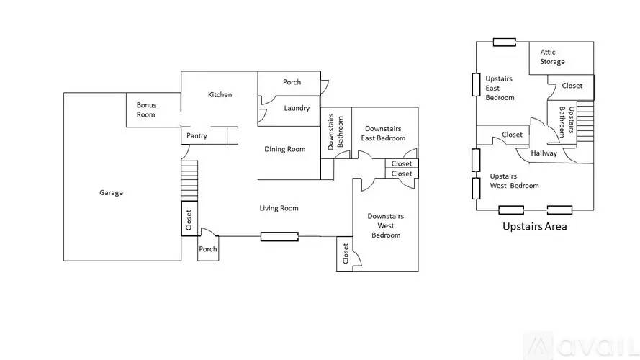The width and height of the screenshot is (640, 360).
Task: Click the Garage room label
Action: pyautogui.click(x=111, y=193)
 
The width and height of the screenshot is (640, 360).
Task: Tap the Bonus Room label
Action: pyautogui.click(x=146, y=109)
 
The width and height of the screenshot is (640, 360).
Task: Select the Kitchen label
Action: pyautogui.click(x=220, y=95)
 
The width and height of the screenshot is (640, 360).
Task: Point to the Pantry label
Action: pyautogui.click(x=197, y=136)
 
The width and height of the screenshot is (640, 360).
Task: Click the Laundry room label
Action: pyautogui.click(x=297, y=109)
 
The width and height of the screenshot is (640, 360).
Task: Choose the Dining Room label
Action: pyautogui.click(x=285, y=150)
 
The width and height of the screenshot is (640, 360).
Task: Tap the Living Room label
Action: pyautogui.click(x=279, y=209)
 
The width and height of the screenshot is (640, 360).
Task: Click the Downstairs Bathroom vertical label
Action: pyautogui.click(x=335, y=131)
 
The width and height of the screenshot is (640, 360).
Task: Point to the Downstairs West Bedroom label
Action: pyautogui.click(x=385, y=225)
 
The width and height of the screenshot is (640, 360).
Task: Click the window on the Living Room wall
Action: pyautogui.click(x=279, y=236)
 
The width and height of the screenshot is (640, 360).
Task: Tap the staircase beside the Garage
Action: pyautogui.click(x=188, y=180)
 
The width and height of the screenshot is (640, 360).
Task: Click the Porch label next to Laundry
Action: pyautogui.click(x=292, y=82)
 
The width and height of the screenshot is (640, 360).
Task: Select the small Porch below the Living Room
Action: pyautogui.click(x=208, y=249)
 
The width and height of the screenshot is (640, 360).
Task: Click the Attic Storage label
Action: pyautogui.click(x=553, y=57)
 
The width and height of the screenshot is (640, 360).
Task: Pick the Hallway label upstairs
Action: pyautogui.click(x=544, y=153)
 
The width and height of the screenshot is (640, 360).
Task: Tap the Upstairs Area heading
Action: pyautogui.click(x=534, y=226)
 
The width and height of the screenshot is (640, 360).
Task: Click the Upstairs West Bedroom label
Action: pyautogui.click(x=514, y=181)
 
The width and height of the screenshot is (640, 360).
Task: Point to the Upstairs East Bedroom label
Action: pyautogui.click(x=500, y=88)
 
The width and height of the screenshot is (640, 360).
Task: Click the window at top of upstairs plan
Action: pyautogui.click(x=504, y=42)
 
